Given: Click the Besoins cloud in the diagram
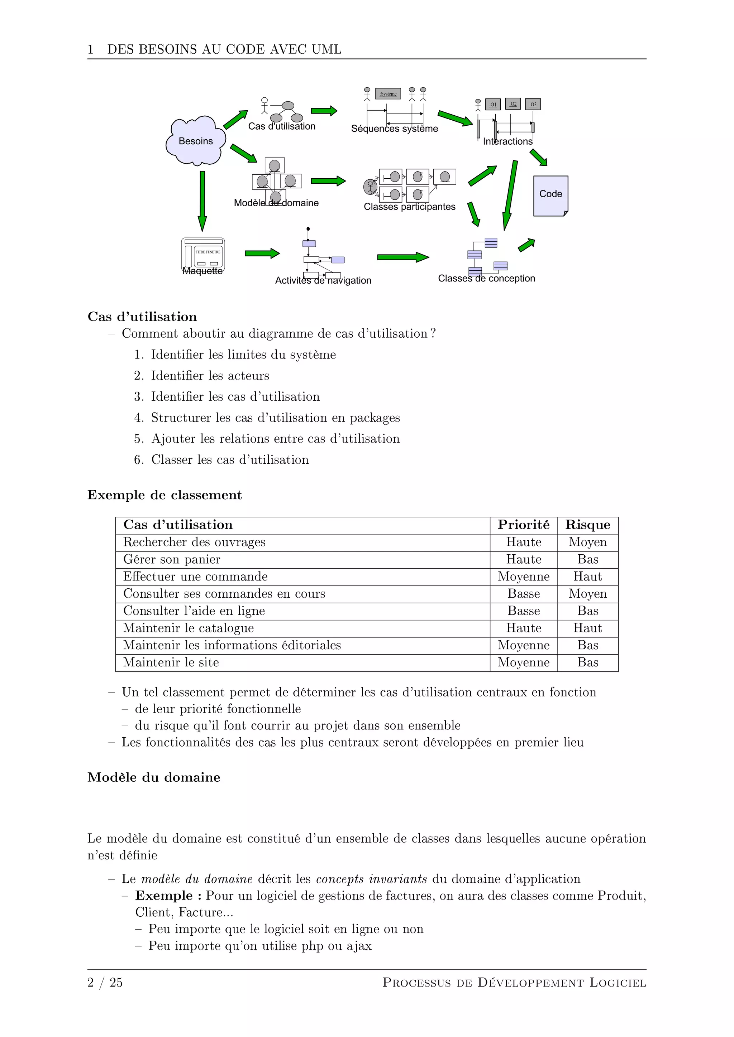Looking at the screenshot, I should (x=195, y=141).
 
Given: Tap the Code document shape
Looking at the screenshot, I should (x=550, y=195).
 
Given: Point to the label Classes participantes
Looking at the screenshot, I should (x=410, y=207).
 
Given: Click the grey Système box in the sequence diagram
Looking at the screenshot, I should (x=388, y=94).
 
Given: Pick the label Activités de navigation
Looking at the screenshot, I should (x=323, y=280).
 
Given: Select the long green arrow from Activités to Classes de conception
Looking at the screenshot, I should (x=402, y=257).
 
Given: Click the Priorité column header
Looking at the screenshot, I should (x=523, y=525).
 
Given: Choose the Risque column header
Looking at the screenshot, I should (x=587, y=525).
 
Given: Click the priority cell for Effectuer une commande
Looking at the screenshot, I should (x=523, y=577).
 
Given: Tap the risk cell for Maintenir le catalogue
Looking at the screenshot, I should (x=587, y=628).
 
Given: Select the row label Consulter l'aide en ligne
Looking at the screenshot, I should (x=194, y=611).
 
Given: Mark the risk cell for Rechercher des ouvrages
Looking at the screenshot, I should (x=587, y=542).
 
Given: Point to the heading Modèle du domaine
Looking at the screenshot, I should (x=154, y=777).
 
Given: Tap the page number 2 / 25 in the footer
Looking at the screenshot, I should (x=105, y=982).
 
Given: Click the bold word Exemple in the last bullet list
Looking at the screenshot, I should (x=164, y=896).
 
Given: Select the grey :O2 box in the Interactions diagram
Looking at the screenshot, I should (x=513, y=104).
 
